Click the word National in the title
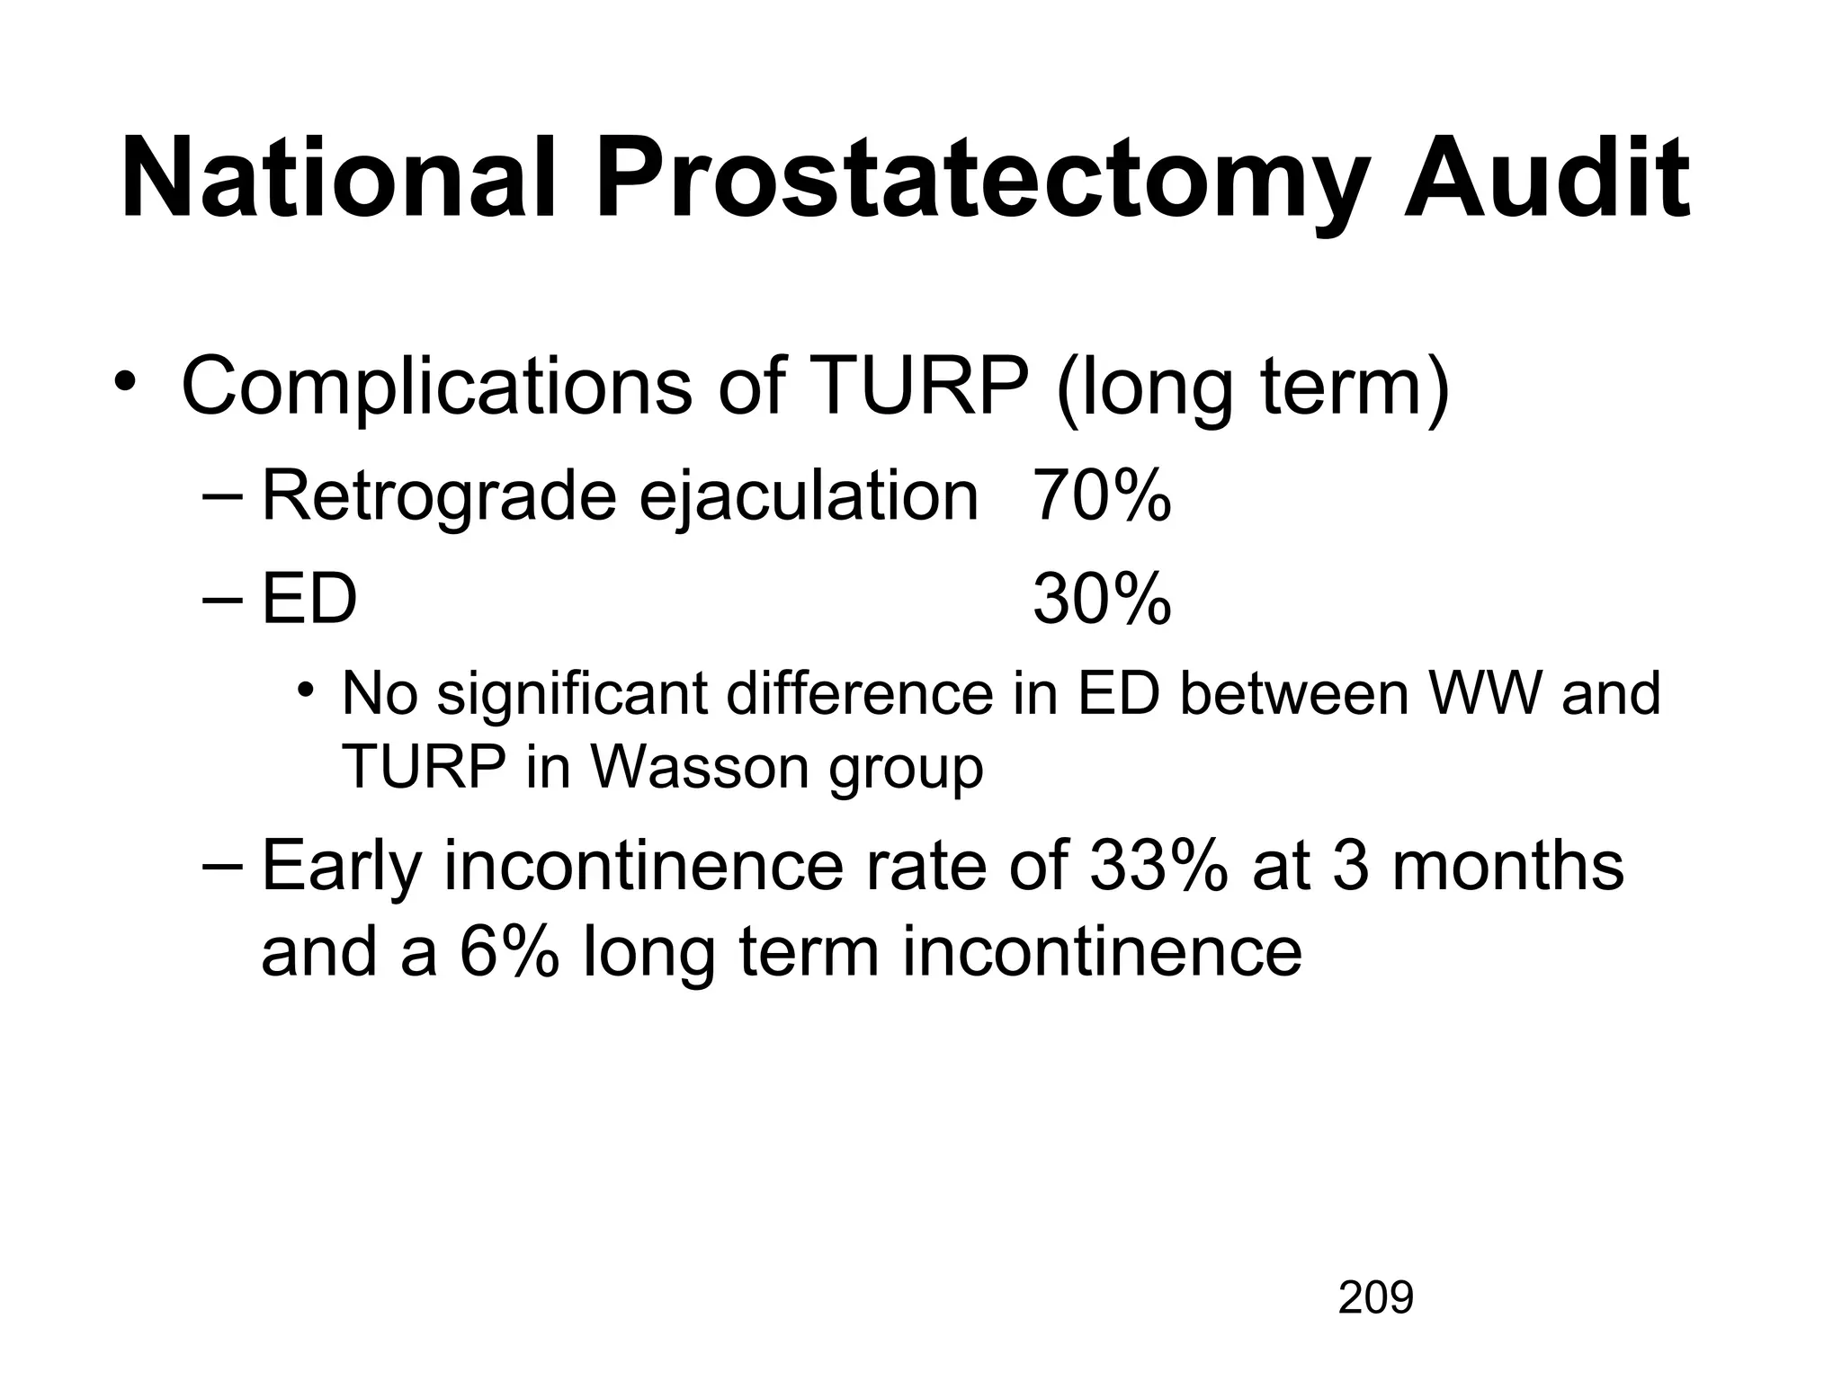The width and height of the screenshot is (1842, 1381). click(338, 177)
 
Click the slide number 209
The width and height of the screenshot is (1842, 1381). click(1375, 1297)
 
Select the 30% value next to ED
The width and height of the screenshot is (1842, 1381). click(1102, 599)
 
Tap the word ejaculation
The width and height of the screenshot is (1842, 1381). click(808, 498)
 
